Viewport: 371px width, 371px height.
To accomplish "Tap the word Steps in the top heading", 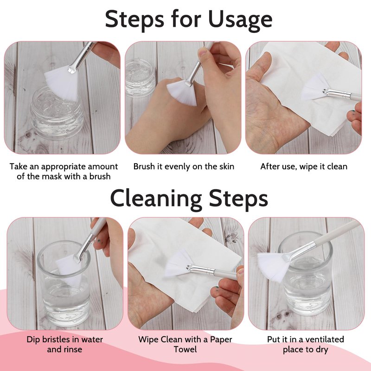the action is click(x=134, y=19).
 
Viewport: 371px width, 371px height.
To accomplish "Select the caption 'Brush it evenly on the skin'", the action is click(x=184, y=166).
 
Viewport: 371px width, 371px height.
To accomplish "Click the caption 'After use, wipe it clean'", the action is click(x=304, y=167).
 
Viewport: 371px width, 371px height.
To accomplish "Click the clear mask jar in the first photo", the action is click(x=57, y=113).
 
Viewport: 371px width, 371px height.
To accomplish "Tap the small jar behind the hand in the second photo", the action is click(x=140, y=77).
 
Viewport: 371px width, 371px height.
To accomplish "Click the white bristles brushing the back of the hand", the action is click(x=182, y=92).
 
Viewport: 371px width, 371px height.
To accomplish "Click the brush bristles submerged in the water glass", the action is click(x=69, y=270).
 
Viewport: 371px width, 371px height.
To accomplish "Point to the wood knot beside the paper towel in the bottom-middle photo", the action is click(x=233, y=237).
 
